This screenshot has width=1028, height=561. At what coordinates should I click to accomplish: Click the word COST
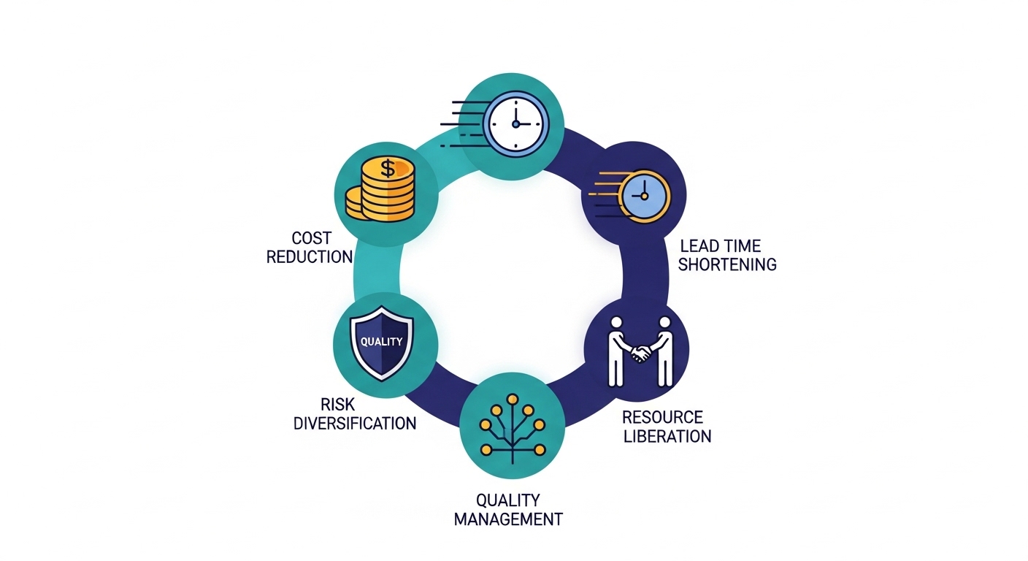coord(311,238)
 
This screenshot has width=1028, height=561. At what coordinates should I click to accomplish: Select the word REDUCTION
coord(310,257)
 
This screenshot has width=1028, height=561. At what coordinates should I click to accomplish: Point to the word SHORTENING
coord(727,264)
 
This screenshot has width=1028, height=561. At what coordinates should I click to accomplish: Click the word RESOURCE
coord(662,418)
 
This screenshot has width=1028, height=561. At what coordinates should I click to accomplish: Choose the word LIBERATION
coord(667,437)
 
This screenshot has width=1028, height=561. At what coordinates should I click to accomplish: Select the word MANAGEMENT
coord(508,519)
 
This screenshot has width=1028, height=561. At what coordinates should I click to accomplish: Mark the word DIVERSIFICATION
coord(355,423)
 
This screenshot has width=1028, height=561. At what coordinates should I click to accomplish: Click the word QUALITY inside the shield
coord(382,341)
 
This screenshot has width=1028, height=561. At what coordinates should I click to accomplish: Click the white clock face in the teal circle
coord(514,123)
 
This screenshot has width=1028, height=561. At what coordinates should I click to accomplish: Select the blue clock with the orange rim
coord(642,196)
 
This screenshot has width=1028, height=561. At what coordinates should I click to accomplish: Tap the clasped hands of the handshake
coord(640,354)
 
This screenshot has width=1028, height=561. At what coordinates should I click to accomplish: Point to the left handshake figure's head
coord(615,323)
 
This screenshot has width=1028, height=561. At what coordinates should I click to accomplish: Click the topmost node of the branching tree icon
coord(513,399)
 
